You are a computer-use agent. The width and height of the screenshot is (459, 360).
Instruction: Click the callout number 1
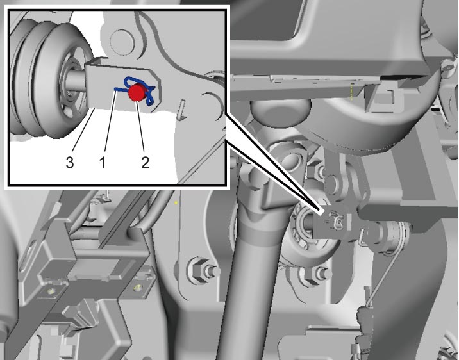click(x=103, y=162)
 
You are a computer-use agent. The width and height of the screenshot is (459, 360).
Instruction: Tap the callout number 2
click(x=146, y=162)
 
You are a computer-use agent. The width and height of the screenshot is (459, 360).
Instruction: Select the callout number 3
click(x=70, y=162)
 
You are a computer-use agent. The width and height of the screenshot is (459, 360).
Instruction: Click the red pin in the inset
click(x=136, y=92)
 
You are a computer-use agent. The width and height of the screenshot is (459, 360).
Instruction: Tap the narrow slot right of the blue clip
click(x=182, y=110)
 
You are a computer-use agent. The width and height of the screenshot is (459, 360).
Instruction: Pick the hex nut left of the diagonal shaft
click(x=199, y=269)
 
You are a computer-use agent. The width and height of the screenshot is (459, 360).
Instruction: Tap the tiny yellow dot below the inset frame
click(x=176, y=202)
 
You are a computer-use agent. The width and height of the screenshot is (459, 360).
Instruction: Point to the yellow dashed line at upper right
click(x=351, y=92)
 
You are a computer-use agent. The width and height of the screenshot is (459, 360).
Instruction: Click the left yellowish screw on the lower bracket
click(x=52, y=291)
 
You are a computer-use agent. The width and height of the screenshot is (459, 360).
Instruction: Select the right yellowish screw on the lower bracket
click(x=137, y=288)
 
